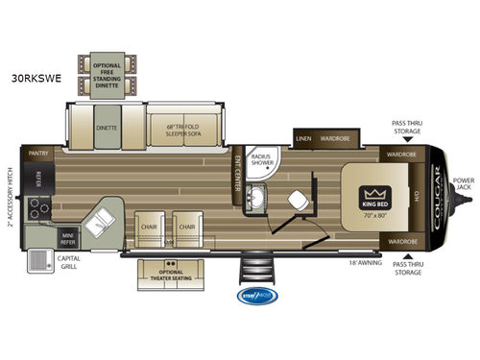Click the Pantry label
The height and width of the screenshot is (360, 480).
(x=38, y=153)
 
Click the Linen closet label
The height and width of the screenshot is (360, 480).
(x=304, y=138)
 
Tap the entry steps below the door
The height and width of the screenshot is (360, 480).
(x=256, y=268)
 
